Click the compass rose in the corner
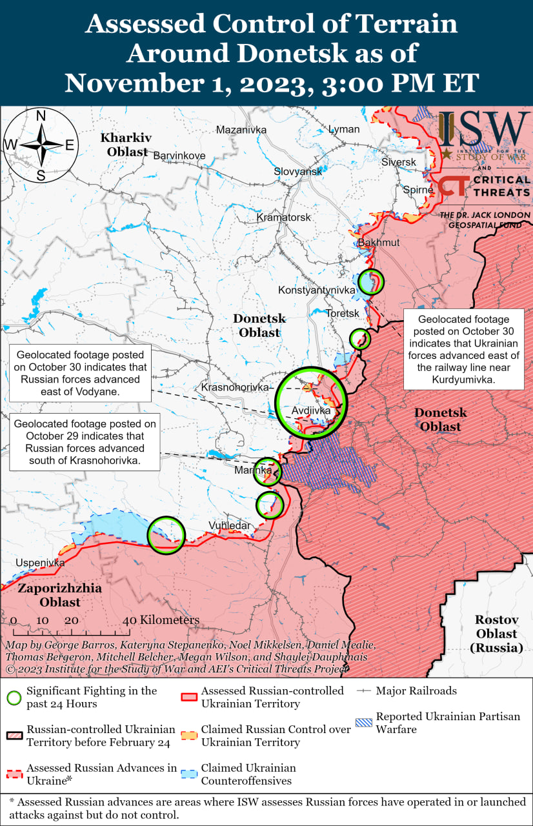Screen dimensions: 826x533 [40, 145]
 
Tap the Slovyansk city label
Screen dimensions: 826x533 [297, 172]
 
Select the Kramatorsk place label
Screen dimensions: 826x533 [283, 217]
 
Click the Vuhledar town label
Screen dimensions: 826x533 [229, 525]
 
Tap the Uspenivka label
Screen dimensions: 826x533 [41, 563]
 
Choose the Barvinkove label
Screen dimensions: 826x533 [179, 156]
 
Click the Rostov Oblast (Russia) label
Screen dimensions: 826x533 [496, 633]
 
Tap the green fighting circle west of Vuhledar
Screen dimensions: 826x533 [166, 534]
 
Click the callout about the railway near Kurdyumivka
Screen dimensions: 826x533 [463, 349]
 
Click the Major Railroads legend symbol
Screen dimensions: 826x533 [365, 691]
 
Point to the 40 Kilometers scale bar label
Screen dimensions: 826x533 [161, 620]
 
